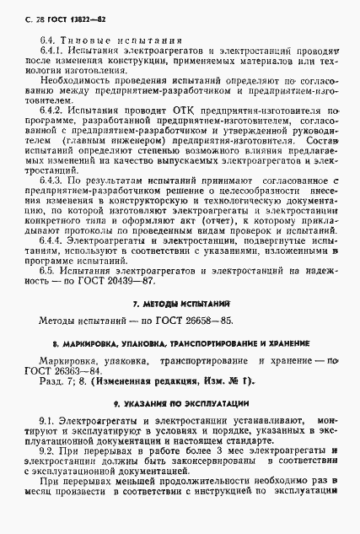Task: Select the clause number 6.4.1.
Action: click(x=52, y=51)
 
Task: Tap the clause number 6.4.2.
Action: click(x=52, y=111)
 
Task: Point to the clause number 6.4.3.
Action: click(x=52, y=180)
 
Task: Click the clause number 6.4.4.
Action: click(x=52, y=240)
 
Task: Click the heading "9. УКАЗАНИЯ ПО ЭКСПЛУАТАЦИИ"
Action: click(x=180, y=404)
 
